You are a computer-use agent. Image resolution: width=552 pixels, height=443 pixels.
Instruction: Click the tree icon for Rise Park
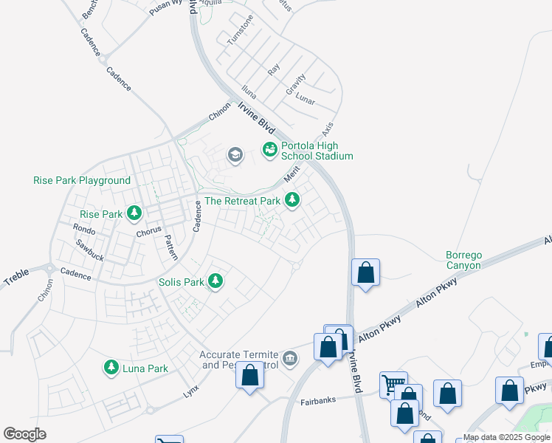[x=134, y=214]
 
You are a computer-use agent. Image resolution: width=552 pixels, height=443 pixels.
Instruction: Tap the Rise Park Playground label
[x=82, y=180]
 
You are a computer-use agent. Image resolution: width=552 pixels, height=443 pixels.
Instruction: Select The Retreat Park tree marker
[x=293, y=200]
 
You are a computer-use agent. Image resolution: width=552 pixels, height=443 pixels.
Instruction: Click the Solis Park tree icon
[x=215, y=281]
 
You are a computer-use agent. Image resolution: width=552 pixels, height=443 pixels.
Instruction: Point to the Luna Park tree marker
[x=111, y=368]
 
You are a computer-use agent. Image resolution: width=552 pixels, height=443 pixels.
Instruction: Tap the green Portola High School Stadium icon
[x=269, y=150]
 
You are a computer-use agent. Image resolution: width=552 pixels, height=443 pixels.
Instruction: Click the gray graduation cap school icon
[x=235, y=154]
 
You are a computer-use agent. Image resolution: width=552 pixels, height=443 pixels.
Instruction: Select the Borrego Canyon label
[x=463, y=260]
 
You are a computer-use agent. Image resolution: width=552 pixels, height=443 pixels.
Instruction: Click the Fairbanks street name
[x=318, y=402]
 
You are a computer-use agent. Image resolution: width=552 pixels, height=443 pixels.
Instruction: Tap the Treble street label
[x=16, y=278]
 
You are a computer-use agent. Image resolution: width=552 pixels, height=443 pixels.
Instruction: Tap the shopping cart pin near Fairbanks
[x=394, y=384]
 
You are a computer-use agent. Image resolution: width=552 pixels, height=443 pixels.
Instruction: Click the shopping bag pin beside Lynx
[x=250, y=374]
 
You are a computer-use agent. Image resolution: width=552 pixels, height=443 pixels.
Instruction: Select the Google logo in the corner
[x=24, y=434]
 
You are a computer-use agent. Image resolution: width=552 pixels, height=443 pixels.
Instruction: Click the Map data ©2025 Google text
[x=506, y=437]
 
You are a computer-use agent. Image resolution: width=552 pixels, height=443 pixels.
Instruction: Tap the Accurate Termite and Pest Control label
[x=240, y=360]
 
